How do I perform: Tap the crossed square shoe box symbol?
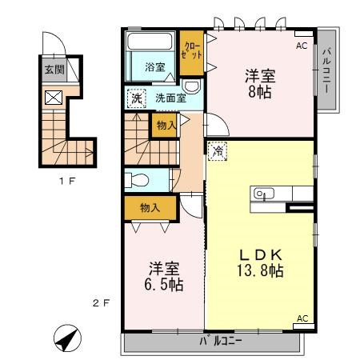(54, 98)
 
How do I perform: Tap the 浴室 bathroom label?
(155, 67)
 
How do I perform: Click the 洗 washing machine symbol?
(137, 98)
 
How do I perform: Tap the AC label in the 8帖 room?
(302, 46)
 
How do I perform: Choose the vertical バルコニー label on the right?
(326, 70)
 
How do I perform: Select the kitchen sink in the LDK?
(262, 194)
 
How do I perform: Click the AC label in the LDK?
(302, 318)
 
